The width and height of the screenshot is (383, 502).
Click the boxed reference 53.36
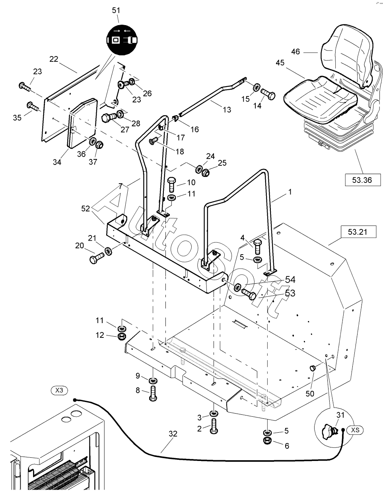point(362,180)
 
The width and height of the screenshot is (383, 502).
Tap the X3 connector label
point(59,390)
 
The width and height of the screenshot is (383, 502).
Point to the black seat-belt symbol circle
point(122,40)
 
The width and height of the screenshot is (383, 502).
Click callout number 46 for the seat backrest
point(306,51)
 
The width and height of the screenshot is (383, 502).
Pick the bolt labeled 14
point(268,95)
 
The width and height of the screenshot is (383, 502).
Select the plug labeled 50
point(312,368)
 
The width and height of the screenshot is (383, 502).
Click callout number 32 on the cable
point(172,434)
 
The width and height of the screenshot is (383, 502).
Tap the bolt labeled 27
point(109,118)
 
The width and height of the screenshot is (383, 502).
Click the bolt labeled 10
point(172,184)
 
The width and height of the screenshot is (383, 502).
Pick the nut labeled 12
point(122,336)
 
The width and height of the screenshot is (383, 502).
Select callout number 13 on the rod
point(227,110)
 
